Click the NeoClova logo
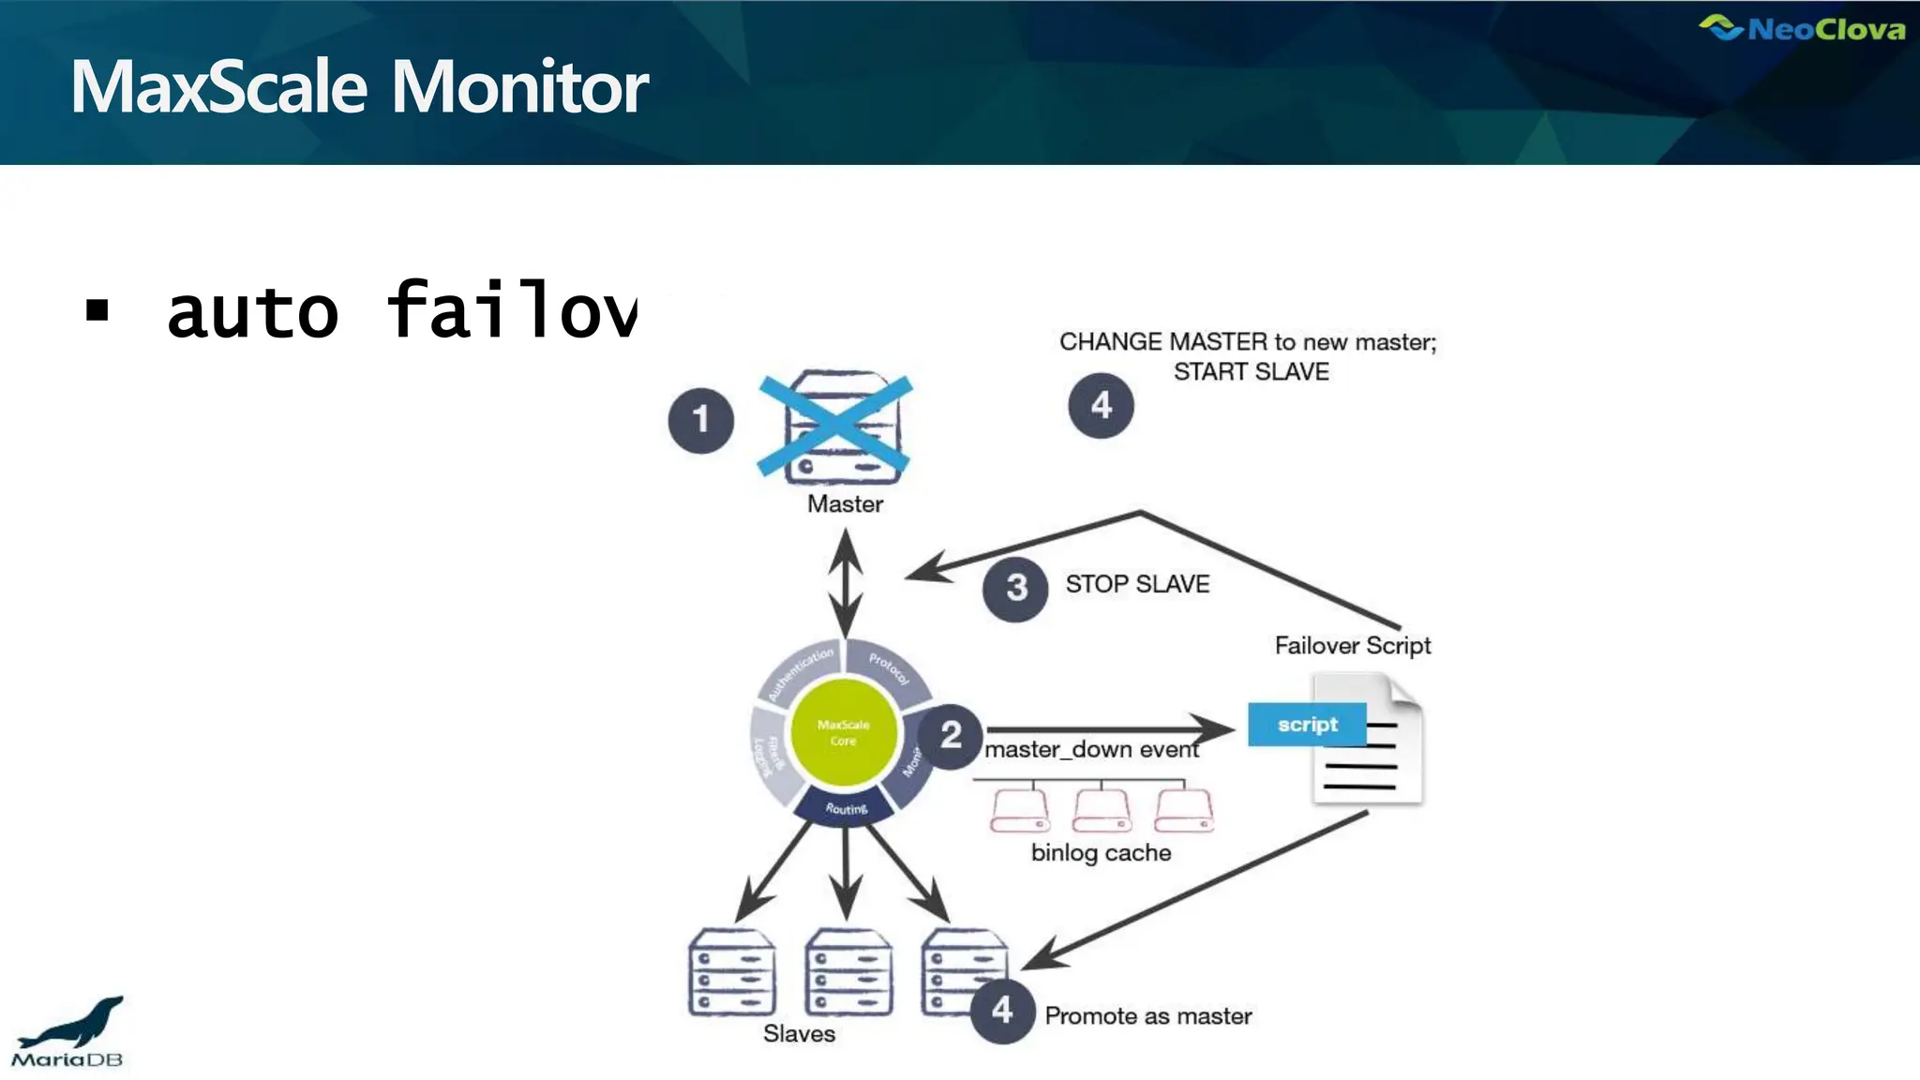point(1802,29)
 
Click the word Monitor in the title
point(519,87)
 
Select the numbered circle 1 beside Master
point(700,420)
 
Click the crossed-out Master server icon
point(834,427)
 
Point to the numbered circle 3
point(1016,589)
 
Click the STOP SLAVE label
point(1137,584)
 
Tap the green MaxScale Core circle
point(844,732)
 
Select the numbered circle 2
point(950,736)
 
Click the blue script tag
point(1307,725)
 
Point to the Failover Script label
point(1352,645)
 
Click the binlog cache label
point(1101,852)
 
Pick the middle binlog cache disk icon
point(1102,811)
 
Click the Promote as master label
point(1147,1016)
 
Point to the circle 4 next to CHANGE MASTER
point(1101,405)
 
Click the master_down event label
point(1091,750)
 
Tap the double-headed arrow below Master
point(846,581)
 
